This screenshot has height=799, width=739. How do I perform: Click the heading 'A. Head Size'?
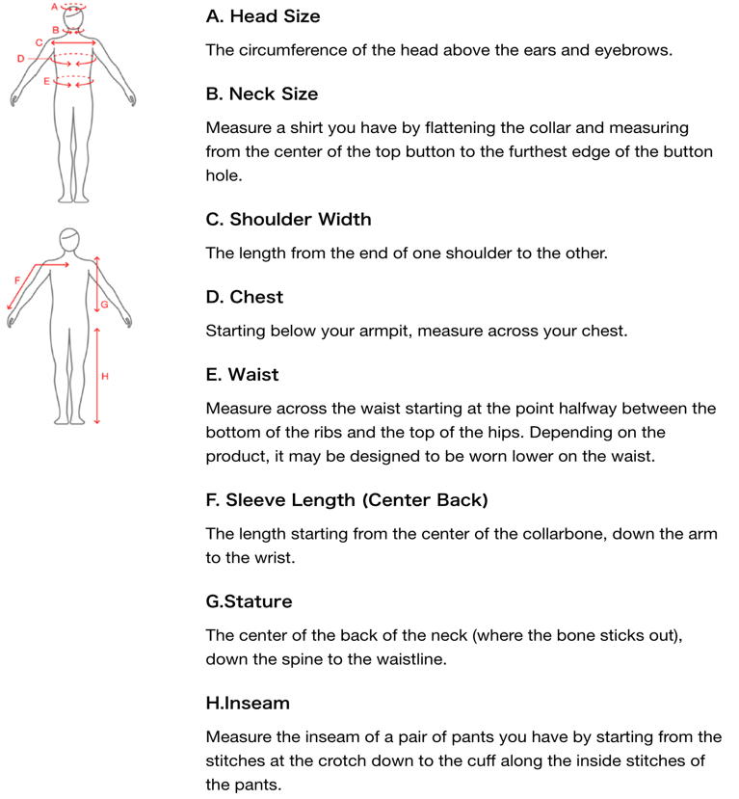tap(263, 17)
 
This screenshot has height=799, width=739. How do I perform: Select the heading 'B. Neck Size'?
tap(262, 94)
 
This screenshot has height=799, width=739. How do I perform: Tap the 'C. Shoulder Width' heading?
tap(288, 220)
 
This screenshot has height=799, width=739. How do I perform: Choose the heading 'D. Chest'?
tap(245, 297)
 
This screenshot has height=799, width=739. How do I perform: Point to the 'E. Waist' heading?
tap(243, 375)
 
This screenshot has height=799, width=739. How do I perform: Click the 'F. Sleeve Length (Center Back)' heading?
tap(347, 500)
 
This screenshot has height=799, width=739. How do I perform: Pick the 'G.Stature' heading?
tap(249, 601)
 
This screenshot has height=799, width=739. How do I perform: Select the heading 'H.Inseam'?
tap(248, 704)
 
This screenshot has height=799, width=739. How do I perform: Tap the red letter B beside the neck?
tap(55, 30)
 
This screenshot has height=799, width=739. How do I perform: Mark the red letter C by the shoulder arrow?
tap(39, 42)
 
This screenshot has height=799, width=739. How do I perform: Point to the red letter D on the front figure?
tap(20, 59)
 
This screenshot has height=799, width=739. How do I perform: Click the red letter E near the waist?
tap(46, 83)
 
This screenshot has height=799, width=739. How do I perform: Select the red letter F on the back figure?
tap(16, 280)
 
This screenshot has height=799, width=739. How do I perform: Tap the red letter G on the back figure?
tap(104, 305)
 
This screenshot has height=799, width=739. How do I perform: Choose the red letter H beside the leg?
tap(105, 375)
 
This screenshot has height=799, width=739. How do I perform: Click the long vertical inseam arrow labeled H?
tap(97, 376)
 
